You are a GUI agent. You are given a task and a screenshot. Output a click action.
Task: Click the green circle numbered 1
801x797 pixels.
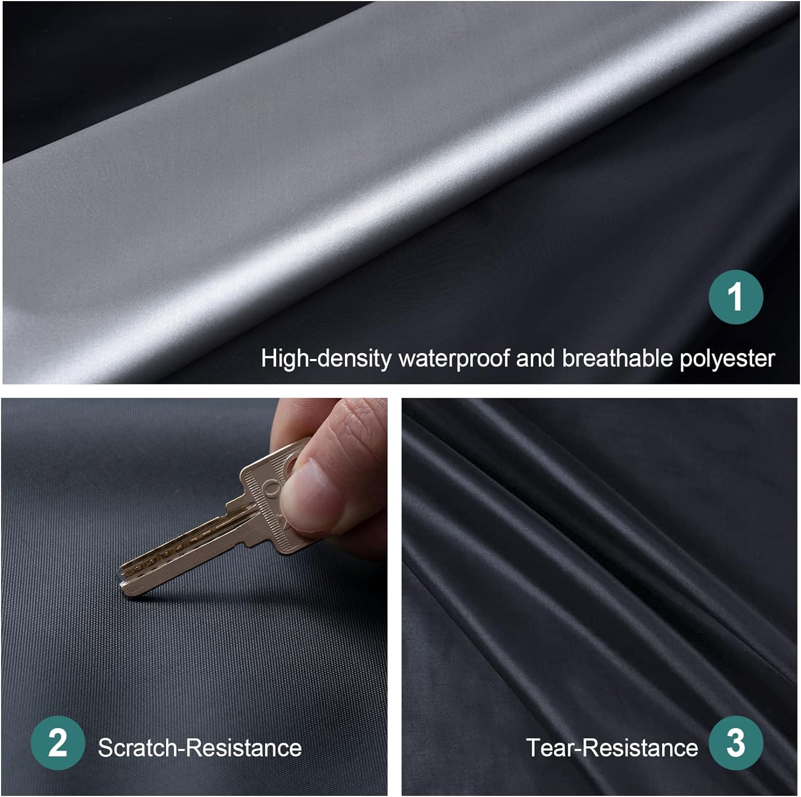point(736,297)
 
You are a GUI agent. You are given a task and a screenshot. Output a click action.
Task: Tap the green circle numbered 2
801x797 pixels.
point(58,743)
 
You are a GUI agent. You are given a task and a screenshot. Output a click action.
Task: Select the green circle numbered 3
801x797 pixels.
point(736,743)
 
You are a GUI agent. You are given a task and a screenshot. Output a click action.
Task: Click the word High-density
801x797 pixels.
point(326,358)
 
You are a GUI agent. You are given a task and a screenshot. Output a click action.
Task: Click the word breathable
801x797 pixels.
point(617,358)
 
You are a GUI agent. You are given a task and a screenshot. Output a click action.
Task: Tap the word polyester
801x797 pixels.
point(727,358)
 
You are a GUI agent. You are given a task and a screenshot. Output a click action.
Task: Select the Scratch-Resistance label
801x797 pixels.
point(200,748)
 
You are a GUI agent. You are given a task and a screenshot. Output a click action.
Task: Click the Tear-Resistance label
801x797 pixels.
point(612,748)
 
